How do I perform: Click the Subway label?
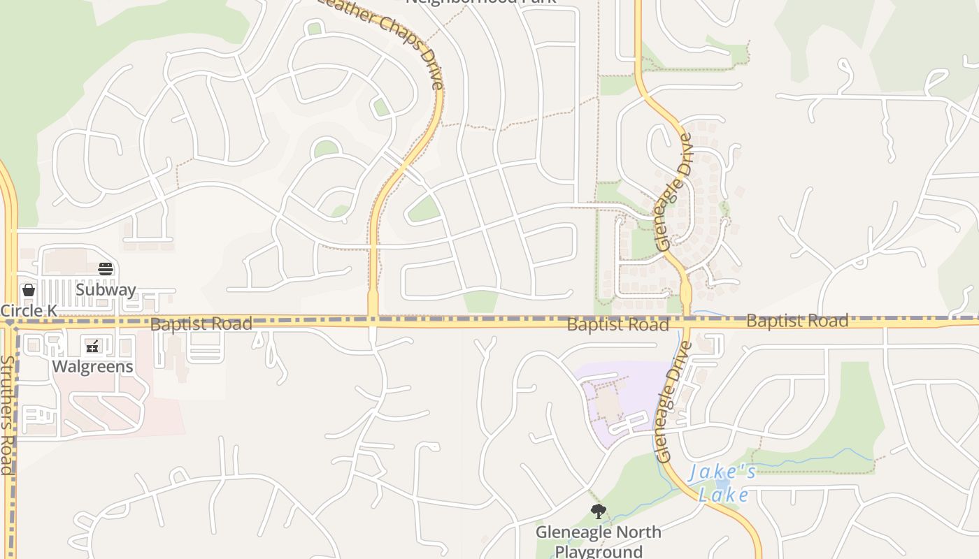[106, 290]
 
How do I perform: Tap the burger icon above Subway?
[106, 269]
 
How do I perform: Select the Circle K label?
[29, 310]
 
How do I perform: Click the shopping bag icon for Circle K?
[29, 289]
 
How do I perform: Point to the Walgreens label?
[92, 366]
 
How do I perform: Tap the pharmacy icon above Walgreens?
[92, 346]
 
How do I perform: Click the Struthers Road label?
[7, 415]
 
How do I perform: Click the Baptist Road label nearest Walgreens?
[201, 324]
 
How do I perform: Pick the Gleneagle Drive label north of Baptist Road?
[674, 192]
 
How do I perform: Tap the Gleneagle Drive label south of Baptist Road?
[673, 402]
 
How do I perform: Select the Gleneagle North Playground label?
[599, 542]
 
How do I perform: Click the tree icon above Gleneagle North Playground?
[598, 512]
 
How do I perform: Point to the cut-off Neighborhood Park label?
[481, 2]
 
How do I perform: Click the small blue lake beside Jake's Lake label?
[722, 482]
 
